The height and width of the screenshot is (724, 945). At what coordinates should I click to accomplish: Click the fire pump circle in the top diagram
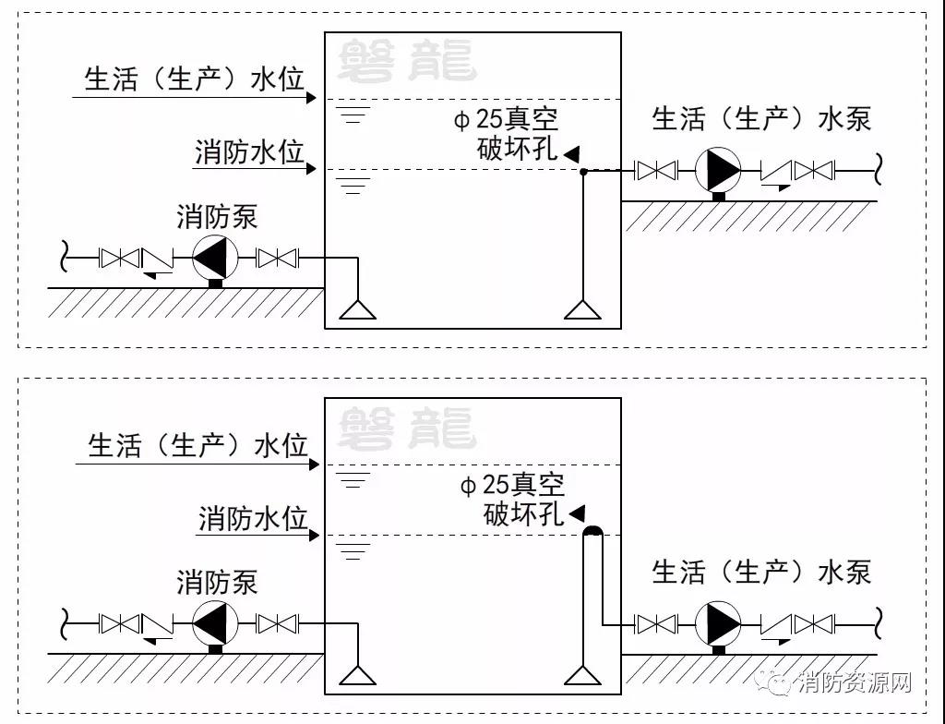(215, 258)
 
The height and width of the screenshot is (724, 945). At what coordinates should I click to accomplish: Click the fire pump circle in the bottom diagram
(215, 623)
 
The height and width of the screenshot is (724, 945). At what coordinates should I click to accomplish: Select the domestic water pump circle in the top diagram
(717, 170)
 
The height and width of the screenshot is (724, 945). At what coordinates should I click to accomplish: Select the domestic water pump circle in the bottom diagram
(717, 623)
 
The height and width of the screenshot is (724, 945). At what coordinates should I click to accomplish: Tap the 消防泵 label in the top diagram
(217, 218)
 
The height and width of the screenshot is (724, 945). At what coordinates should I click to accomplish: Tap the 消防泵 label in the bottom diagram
(217, 583)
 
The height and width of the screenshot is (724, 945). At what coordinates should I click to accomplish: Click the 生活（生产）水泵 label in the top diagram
(761, 119)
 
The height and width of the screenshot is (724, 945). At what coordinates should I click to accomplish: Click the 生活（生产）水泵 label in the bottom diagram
(761, 573)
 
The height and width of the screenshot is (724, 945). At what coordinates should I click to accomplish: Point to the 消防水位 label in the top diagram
(249, 152)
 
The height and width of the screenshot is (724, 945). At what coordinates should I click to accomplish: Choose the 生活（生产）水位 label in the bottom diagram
(197, 446)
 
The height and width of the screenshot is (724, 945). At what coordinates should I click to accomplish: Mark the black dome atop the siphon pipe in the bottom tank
(592, 530)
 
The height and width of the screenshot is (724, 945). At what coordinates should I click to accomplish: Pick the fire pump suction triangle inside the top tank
(357, 310)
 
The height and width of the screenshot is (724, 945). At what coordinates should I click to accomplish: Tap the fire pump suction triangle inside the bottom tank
(357, 675)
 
